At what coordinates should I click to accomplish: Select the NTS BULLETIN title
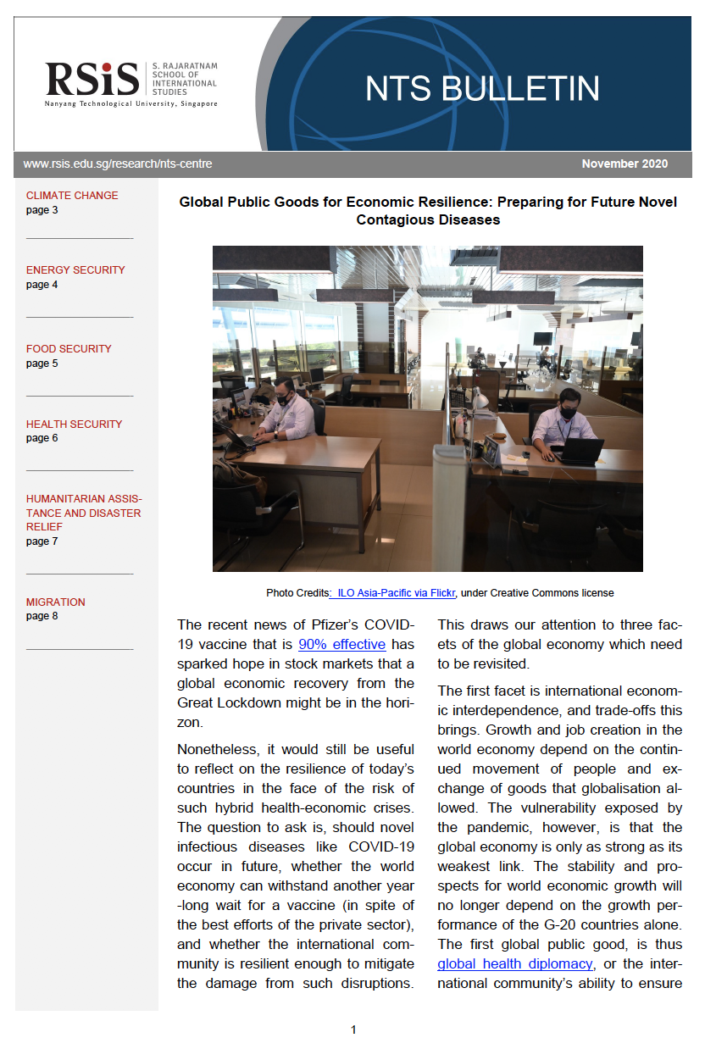point(482,88)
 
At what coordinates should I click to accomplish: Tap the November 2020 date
point(625,164)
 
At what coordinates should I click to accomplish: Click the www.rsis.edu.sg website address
point(118,164)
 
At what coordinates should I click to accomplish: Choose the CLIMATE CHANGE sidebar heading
point(72,196)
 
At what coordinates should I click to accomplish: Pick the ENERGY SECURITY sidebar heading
point(75,270)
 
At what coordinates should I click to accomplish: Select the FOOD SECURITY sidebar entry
point(69,349)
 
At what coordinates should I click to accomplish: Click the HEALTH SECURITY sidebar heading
point(74,425)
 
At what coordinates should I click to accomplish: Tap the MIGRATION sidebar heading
point(56,602)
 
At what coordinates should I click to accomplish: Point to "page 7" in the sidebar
point(42,541)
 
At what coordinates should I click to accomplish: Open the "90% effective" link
point(341,645)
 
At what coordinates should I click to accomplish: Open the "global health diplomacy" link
point(515,964)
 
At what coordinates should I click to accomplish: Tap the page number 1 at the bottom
point(353,1030)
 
